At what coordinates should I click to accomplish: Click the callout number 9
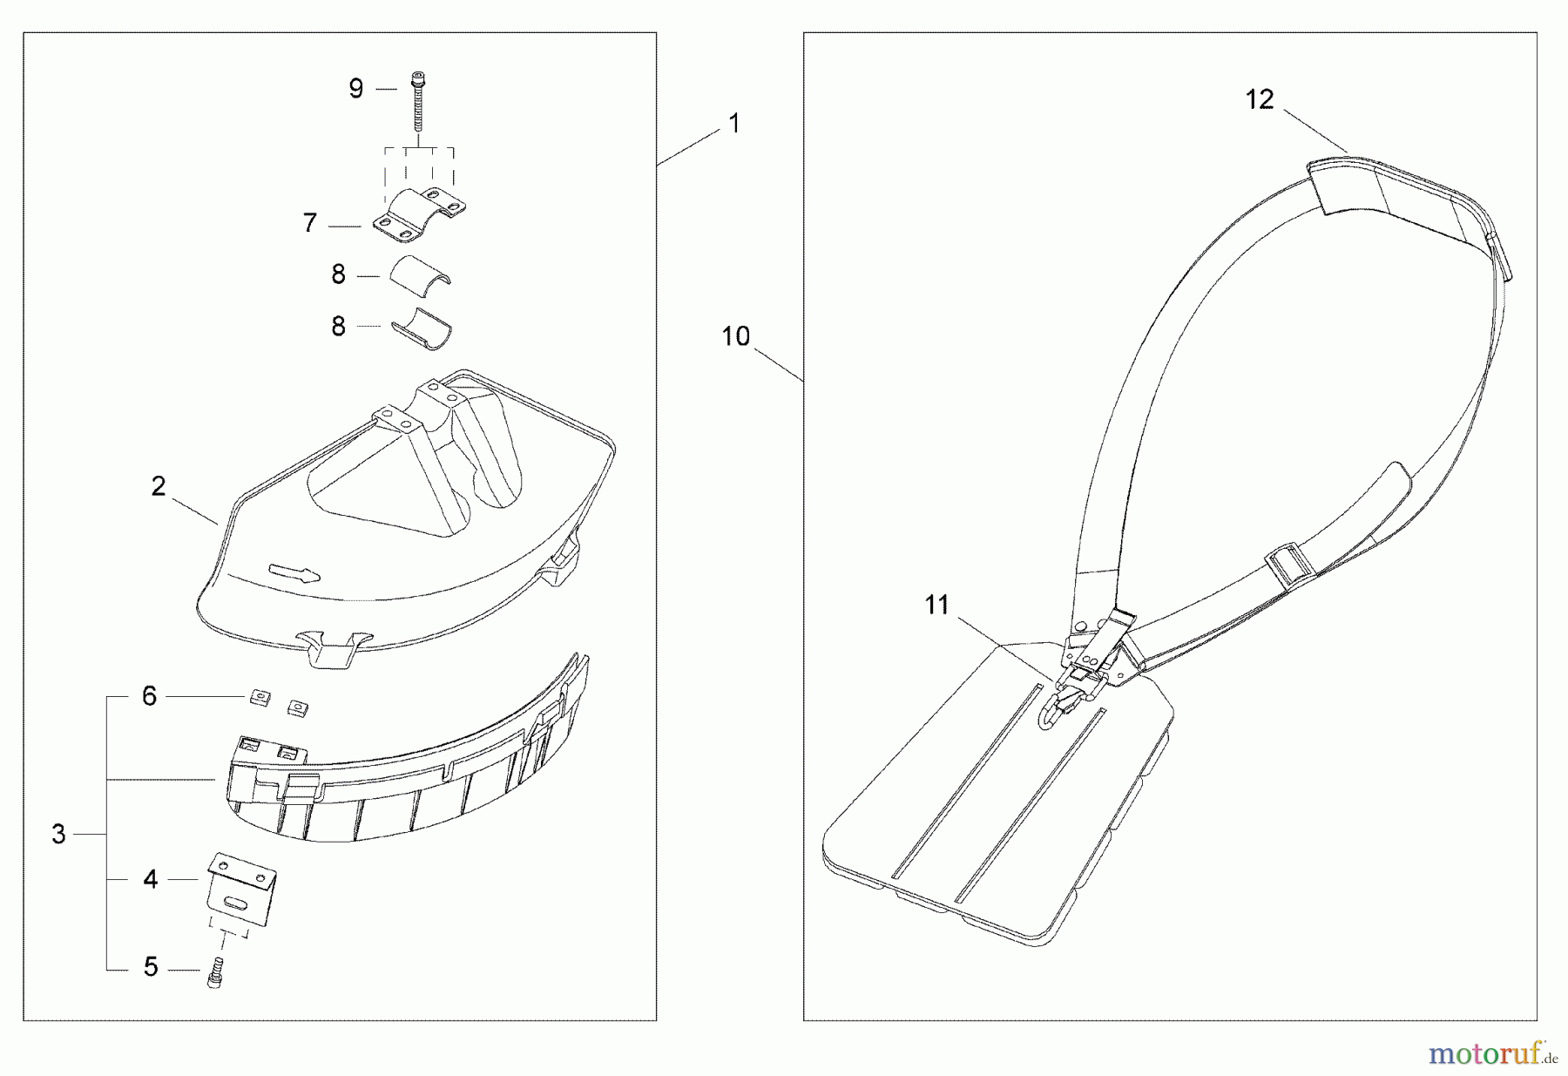coord(355,89)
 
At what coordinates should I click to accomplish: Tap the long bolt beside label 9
coord(418,105)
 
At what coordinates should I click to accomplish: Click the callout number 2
coord(158,486)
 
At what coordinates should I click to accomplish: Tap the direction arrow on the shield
coord(294,572)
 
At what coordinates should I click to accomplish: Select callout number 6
coord(150,696)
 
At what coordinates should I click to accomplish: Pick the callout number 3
coord(58,834)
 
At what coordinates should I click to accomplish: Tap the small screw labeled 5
coord(215,971)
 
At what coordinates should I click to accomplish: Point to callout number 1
coord(733,124)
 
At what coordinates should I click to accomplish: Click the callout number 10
coord(735,336)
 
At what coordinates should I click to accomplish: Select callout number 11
coord(936,605)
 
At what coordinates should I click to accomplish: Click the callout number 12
coord(1260,99)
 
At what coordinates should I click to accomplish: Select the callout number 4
coord(151,880)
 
